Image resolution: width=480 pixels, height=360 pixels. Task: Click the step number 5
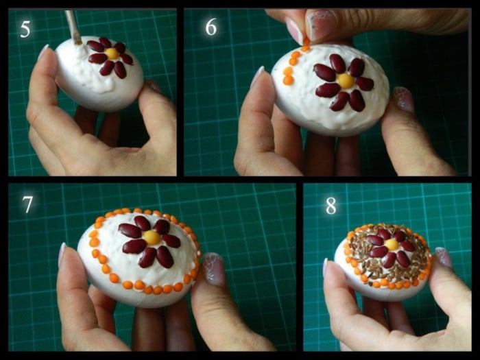[x=25, y=29]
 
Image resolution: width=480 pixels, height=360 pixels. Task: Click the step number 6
[x=211, y=27]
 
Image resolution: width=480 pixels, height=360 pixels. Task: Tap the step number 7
[x=27, y=204]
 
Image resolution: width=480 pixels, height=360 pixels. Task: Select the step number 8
[x=331, y=206]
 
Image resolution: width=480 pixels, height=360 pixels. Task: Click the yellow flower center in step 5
[x=112, y=53]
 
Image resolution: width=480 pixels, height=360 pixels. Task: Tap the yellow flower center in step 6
[x=346, y=81]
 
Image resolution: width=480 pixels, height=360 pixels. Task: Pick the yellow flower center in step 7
[x=152, y=237]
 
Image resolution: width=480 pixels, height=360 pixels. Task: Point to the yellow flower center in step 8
[x=392, y=245]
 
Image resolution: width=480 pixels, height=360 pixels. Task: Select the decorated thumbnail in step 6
[x=403, y=99]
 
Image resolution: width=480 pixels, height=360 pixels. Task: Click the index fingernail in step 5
[x=43, y=51]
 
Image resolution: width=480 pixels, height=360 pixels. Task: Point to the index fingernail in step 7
[x=62, y=255]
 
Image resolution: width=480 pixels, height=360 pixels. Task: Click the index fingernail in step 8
[x=325, y=267]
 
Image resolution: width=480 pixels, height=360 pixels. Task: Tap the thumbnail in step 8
[x=443, y=257]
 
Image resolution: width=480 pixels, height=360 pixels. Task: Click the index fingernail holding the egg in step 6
[x=257, y=77]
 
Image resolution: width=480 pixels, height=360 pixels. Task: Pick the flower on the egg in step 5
[x=110, y=58]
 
